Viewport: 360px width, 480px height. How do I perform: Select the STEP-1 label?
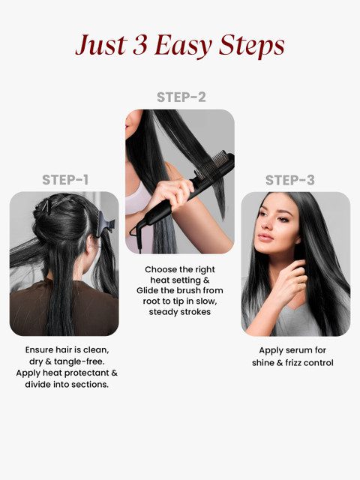pos(64,180)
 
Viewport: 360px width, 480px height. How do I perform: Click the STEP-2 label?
pos(181,97)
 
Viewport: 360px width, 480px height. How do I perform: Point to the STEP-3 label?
pos(289,180)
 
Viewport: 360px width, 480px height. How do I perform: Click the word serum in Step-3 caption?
pos(301,350)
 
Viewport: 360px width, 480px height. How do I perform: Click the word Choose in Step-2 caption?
pos(159,268)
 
